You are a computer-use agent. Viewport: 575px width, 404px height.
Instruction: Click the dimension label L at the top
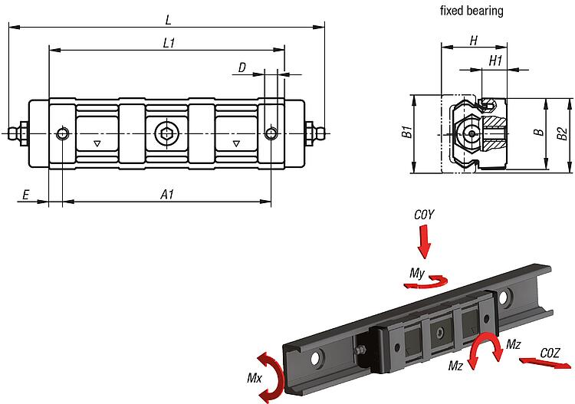tap(168, 18)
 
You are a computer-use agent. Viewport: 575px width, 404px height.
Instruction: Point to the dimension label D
tap(242, 68)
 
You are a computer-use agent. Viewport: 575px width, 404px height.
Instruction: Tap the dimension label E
tap(25, 195)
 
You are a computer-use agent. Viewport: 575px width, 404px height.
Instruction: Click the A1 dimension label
tap(166, 195)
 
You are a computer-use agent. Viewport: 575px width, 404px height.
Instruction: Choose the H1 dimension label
tap(495, 60)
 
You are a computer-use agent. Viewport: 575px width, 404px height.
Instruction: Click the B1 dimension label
tap(406, 133)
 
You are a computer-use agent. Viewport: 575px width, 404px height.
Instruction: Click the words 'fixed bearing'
tap(472, 11)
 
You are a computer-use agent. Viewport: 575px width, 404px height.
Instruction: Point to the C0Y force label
tap(424, 216)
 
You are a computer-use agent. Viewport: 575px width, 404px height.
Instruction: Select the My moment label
tap(417, 272)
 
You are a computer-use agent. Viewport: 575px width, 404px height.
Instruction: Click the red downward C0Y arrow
tap(425, 245)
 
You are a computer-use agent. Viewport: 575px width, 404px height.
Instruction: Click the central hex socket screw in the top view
tap(166, 133)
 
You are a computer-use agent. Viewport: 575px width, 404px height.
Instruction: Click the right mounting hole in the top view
tap(271, 133)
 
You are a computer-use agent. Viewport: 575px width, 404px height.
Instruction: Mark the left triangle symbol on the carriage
tap(97, 143)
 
